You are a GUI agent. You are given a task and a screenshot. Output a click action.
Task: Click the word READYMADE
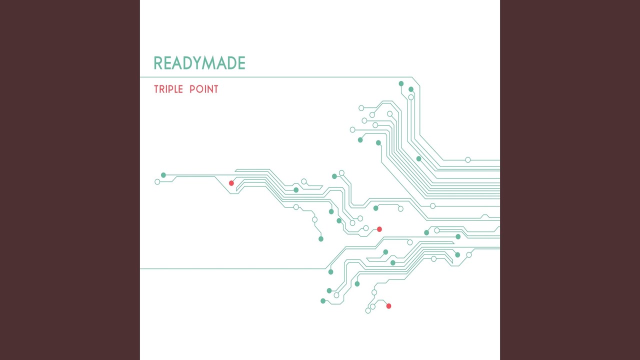click(x=199, y=63)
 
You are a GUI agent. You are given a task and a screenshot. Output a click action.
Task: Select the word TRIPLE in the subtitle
click(x=168, y=89)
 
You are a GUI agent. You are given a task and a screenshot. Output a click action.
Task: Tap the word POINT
click(x=204, y=89)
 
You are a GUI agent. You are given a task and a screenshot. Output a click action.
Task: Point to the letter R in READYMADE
click(x=158, y=63)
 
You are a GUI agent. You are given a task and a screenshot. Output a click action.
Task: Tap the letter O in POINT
click(x=199, y=89)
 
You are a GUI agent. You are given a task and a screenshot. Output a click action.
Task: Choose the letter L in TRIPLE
click(x=174, y=89)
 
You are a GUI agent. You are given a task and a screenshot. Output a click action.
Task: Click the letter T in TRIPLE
click(x=156, y=89)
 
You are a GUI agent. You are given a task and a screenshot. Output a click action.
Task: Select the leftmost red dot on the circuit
click(x=231, y=183)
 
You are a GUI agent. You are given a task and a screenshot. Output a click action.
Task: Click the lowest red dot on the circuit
click(x=388, y=306)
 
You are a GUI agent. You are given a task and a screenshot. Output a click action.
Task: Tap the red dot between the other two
click(x=379, y=229)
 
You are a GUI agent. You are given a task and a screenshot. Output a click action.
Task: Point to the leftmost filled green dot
click(x=163, y=175)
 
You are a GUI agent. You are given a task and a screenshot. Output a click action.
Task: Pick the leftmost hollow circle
click(x=157, y=181)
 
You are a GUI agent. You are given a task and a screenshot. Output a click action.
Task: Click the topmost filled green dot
click(x=401, y=83)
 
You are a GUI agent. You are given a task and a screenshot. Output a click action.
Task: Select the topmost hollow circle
click(x=411, y=97)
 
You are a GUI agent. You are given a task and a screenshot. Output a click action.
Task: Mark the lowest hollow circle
click(x=368, y=310)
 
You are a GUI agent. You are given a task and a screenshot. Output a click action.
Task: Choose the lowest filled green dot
click(x=323, y=301)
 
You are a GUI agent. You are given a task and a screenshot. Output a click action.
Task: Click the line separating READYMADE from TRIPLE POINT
click(x=276, y=77)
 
